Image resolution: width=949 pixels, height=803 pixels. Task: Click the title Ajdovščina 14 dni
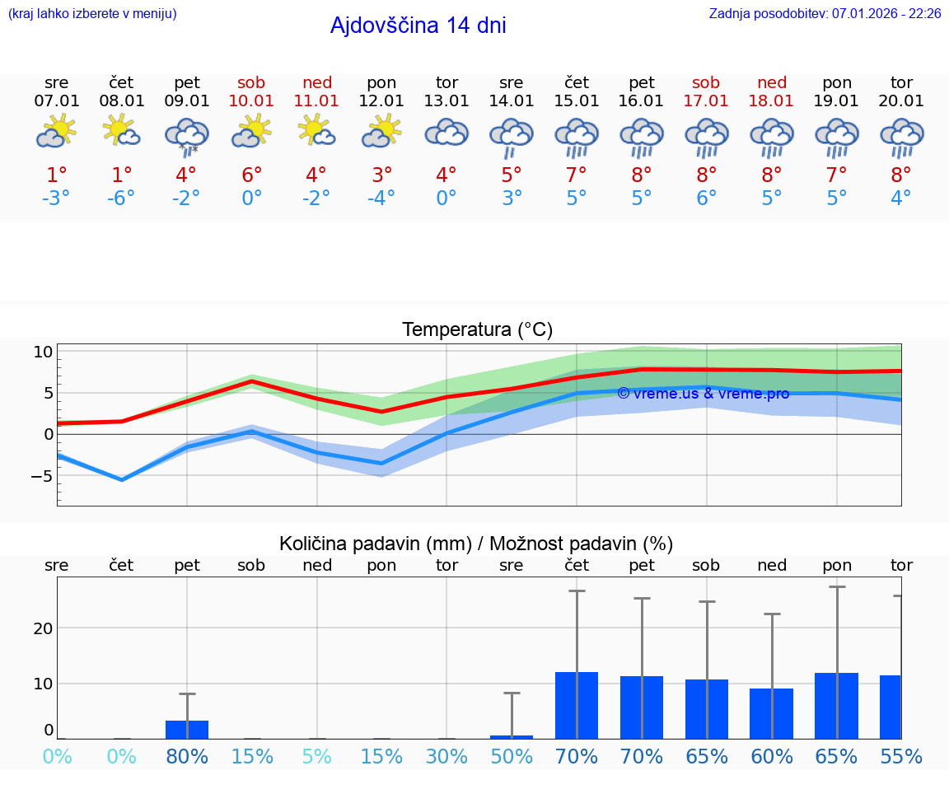click(418, 26)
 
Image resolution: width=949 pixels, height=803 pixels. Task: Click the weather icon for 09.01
click(187, 136)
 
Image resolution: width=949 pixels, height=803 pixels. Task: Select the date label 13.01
click(446, 101)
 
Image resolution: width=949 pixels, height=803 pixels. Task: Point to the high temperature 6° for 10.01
click(251, 175)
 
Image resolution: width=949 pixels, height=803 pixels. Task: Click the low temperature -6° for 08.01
click(121, 198)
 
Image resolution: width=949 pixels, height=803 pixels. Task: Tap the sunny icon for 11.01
click(316, 131)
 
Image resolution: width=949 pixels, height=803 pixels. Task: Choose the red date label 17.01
click(706, 101)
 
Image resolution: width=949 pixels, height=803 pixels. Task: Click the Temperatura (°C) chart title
click(477, 330)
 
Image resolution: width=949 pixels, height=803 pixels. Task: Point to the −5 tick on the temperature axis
click(42, 476)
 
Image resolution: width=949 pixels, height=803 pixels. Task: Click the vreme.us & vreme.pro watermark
click(703, 394)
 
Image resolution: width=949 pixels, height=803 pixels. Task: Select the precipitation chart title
click(476, 544)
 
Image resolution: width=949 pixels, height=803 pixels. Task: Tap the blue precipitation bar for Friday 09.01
click(187, 730)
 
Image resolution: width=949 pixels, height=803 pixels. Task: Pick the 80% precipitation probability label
click(187, 756)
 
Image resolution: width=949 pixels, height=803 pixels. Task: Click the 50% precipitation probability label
click(512, 756)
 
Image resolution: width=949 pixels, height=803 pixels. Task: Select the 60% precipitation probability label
click(772, 756)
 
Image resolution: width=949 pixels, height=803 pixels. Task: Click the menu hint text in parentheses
click(92, 13)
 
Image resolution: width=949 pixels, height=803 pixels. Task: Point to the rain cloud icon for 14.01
click(512, 136)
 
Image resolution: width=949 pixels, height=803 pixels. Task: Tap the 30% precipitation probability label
click(446, 756)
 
